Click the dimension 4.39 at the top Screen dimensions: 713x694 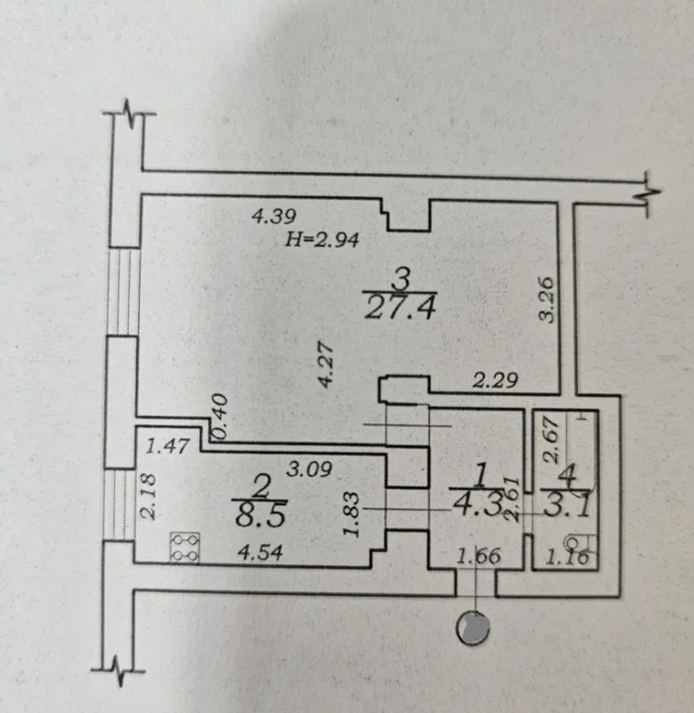[x=273, y=218]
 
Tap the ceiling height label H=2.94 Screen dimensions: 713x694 [x=324, y=241]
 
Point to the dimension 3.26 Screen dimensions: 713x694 [x=546, y=301]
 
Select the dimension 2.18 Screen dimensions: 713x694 [x=148, y=495]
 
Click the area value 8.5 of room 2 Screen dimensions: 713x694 [x=260, y=515]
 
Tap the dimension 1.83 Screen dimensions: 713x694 [x=354, y=516]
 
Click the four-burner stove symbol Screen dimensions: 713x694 [x=185, y=547]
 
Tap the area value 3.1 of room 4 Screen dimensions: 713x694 [x=566, y=503]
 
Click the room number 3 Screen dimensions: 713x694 [x=399, y=275]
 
